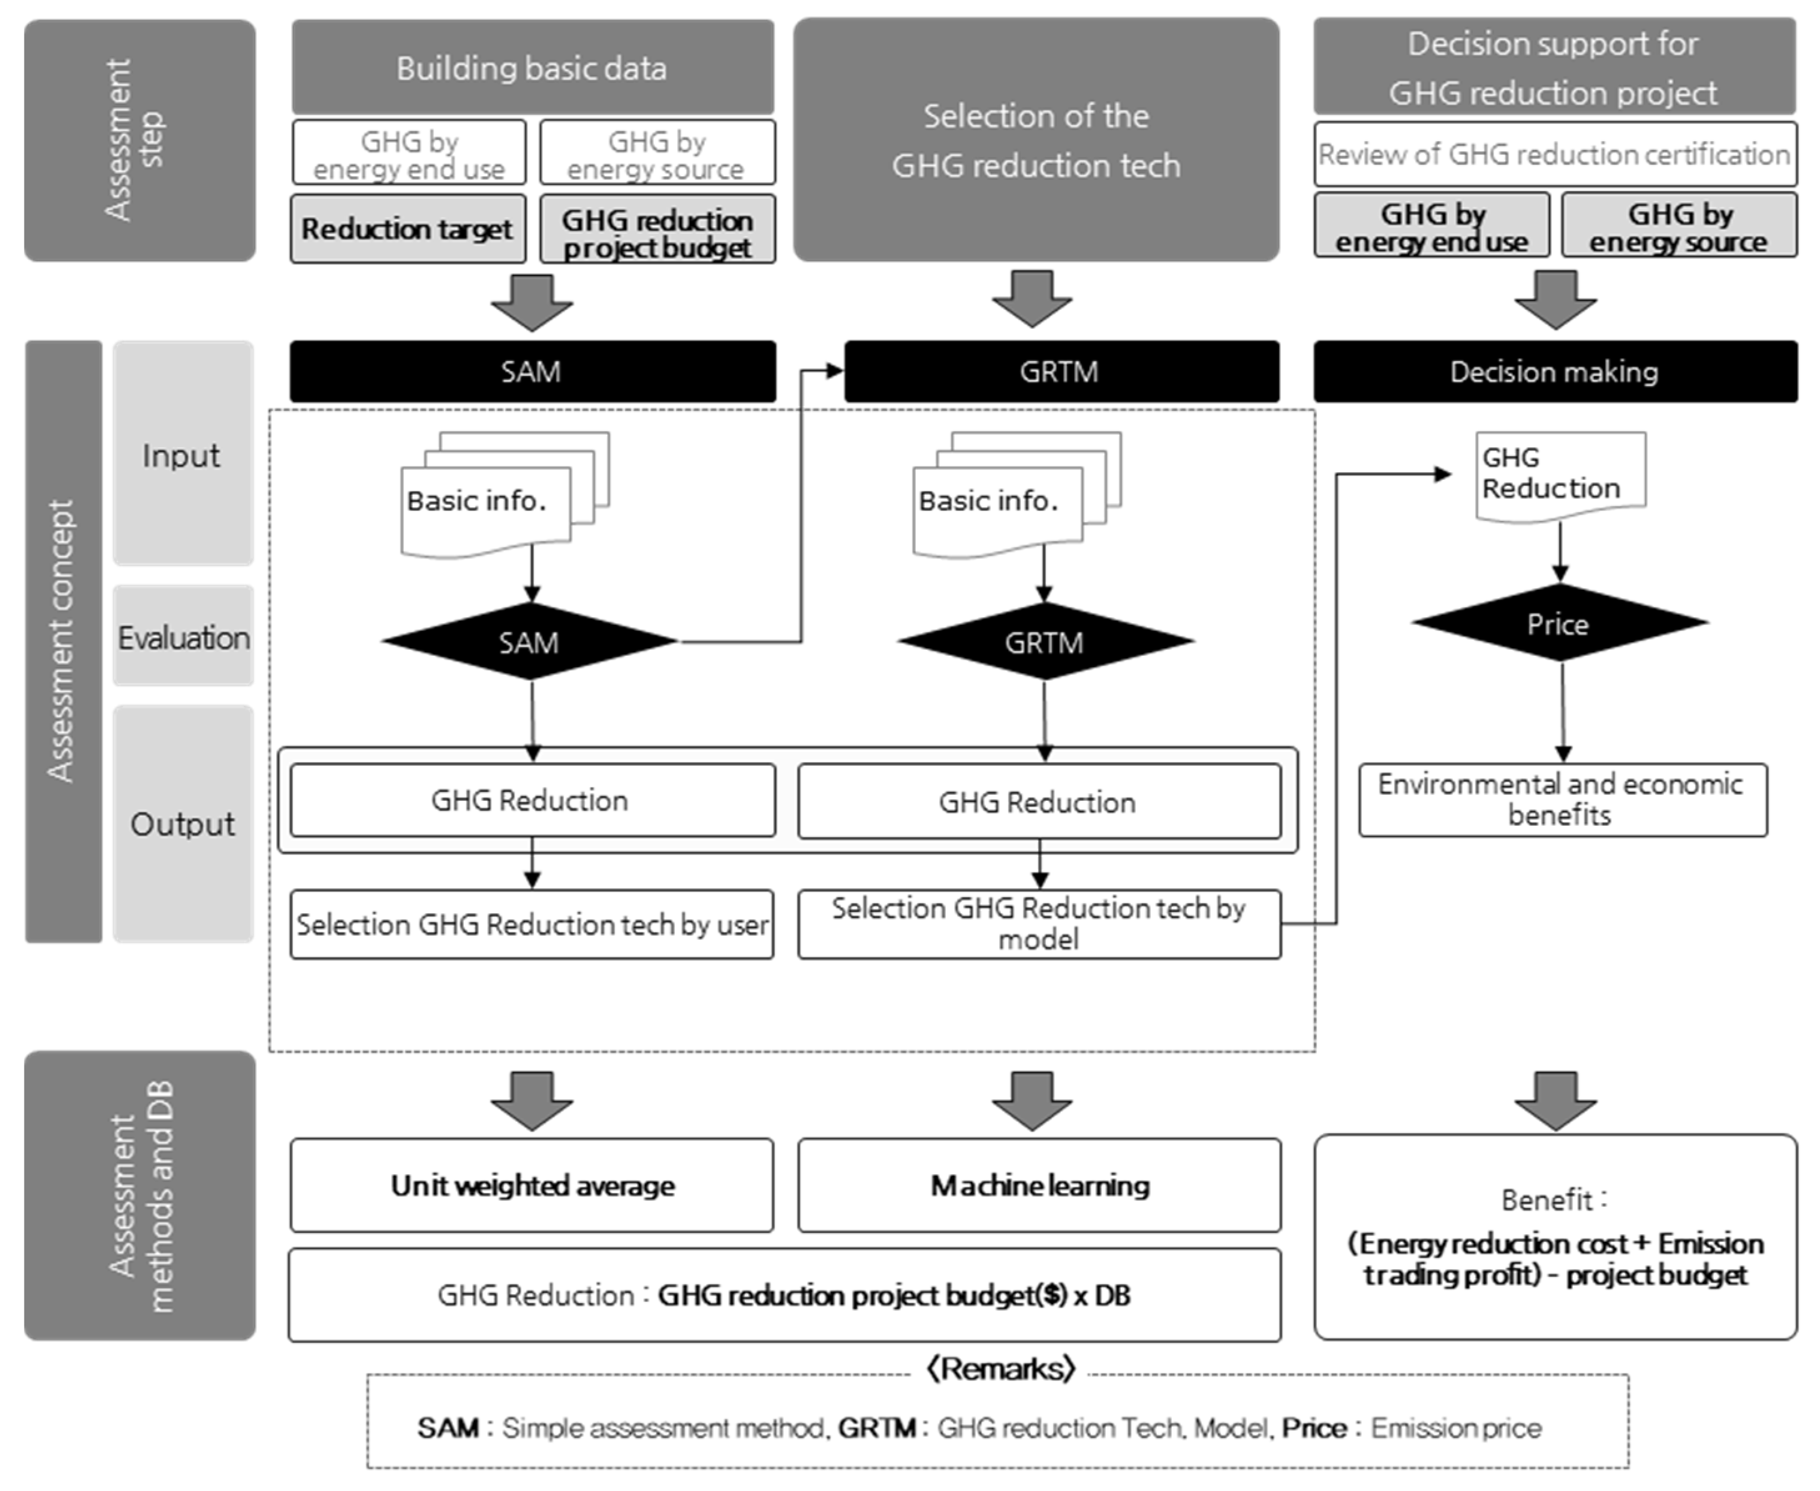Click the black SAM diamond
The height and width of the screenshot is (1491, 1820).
(529, 641)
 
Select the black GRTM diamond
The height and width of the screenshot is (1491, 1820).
(1045, 641)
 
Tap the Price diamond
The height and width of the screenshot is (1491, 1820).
(1559, 623)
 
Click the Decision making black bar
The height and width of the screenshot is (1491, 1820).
(1555, 372)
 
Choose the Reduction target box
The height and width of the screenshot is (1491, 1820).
(408, 229)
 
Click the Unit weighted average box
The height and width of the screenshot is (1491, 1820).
(532, 1186)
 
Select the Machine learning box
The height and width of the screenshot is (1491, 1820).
(1040, 1186)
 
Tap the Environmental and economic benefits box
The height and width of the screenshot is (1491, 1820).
(1562, 800)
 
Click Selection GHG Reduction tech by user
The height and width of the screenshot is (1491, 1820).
(532, 924)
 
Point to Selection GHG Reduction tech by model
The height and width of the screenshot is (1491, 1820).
(1039, 924)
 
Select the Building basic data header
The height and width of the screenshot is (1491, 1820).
(532, 68)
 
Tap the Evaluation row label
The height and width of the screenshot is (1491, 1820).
(184, 637)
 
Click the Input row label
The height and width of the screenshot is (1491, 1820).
(182, 455)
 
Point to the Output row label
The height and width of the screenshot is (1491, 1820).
(182, 825)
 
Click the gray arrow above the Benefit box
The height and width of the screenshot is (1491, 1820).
(1555, 1099)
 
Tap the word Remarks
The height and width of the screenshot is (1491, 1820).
(1001, 1368)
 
